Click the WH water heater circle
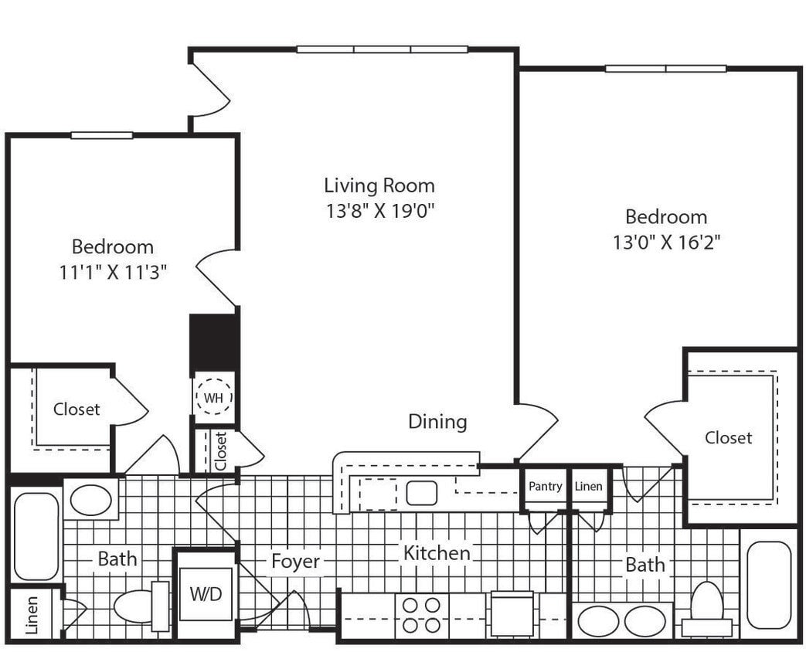(x=213, y=398)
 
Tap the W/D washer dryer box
(x=206, y=594)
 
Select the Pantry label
(x=545, y=487)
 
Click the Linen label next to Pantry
(x=589, y=487)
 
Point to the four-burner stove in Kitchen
(x=422, y=615)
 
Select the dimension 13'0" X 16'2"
(x=667, y=243)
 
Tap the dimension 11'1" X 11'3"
(x=113, y=272)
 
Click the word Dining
(x=437, y=422)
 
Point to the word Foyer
(x=295, y=562)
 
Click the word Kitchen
(x=436, y=553)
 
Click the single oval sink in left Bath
(x=90, y=500)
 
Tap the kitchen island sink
(x=422, y=493)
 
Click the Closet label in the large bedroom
(x=728, y=438)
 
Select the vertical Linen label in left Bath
(x=32, y=615)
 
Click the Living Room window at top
(x=382, y=49)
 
